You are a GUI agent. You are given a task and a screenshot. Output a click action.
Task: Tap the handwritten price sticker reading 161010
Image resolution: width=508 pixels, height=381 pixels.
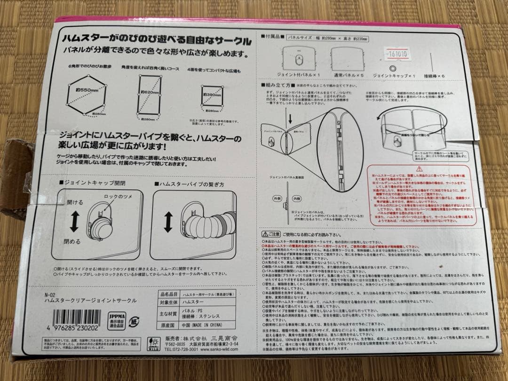click(x=396, y=54)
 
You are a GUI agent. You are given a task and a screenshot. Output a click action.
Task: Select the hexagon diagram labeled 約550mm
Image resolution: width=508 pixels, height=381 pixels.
click(x=86, y=92)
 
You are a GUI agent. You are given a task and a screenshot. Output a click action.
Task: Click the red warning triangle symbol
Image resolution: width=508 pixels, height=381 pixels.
click(x=419, y=168)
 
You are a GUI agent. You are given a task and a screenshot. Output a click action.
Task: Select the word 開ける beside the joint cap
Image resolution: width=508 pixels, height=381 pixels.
click(x=74, y=202)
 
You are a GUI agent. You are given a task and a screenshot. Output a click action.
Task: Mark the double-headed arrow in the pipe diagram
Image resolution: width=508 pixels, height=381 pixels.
click(x=167, y=222)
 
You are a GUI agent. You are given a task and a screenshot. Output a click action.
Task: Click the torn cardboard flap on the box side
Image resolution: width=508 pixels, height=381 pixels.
click(x=14, y=179)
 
